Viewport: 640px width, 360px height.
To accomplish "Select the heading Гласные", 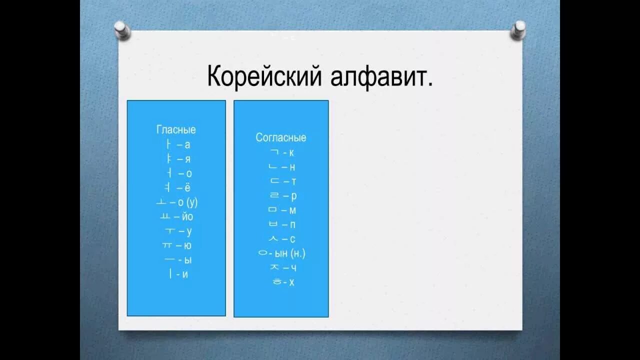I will (x=176, y=130).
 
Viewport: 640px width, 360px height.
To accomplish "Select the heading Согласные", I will (x=281, y=137).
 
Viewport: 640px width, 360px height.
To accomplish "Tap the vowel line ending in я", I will (x=177, y=159).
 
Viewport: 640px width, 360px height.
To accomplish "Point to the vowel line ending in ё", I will (x=177, y=188).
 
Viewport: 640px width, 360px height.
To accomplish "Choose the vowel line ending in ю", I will (x=177, y=245).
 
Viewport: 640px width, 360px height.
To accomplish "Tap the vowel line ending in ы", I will (x=177, y=260).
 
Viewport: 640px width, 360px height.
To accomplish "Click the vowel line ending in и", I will (x=178, y=274).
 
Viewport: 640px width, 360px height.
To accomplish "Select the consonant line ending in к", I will (x=282, y=152).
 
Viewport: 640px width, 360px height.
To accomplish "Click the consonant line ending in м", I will (x=282, y=210).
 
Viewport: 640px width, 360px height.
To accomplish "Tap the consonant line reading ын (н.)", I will (x=281, y=253).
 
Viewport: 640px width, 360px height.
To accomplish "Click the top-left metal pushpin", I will (x=122, y=30).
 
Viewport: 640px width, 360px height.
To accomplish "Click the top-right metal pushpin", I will (x=518, y=30).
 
